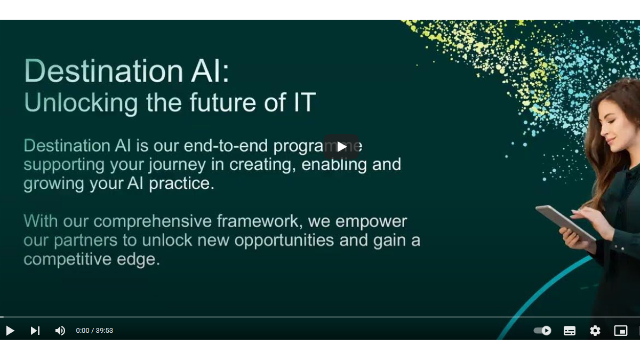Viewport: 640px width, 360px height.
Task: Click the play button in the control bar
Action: tap(10, 331)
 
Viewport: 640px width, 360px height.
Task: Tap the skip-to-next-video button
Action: tap(35, 331)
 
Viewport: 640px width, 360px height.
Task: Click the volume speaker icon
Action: tap(60, 331)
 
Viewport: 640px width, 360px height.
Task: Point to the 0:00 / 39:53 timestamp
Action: tap(94, 331)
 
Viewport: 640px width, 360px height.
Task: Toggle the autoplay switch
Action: tap(542, 331)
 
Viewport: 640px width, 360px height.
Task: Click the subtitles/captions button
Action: tap(570, 331)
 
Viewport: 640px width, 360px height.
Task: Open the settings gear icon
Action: tap(595, 331)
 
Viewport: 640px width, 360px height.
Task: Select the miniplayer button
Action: tap(621, 331)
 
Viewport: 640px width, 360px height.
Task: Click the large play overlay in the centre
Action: tap(341, 147)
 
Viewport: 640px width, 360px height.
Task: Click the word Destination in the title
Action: tap(103, 70)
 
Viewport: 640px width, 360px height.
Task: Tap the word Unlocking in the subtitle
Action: tap(81, 102)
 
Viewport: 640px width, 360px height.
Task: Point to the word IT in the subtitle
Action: tap(305, 102)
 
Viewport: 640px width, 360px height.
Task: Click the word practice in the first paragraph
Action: tap(182, 183)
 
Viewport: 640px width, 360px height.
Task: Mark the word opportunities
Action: tap(284, 241)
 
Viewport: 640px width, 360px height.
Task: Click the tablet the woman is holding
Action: tap(565, 223)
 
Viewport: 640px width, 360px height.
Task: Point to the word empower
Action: tap(371, 222)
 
